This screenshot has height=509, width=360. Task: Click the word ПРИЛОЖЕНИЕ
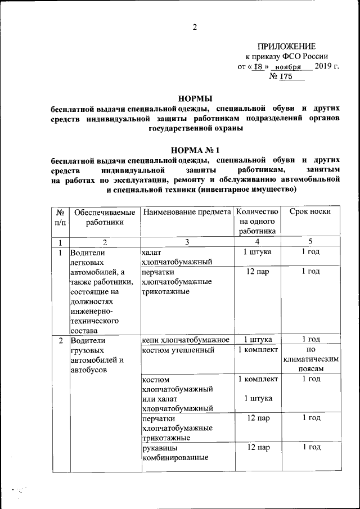point(286,46)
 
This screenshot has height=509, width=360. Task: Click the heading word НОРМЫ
point(195,97)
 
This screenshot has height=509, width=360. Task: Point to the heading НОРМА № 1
point(195,150)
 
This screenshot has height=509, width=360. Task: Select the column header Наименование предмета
point(187,212)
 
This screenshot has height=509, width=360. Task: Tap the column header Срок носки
point(310,212)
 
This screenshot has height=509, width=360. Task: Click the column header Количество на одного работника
point(258,221)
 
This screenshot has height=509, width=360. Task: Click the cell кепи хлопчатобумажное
point(186,340)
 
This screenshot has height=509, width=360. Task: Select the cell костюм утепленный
point(178,351)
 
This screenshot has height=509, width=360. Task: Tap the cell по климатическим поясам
point(310,359)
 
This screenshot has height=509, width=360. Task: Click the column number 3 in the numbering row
point(187,242)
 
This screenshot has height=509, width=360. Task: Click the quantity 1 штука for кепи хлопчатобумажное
point(258,340)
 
